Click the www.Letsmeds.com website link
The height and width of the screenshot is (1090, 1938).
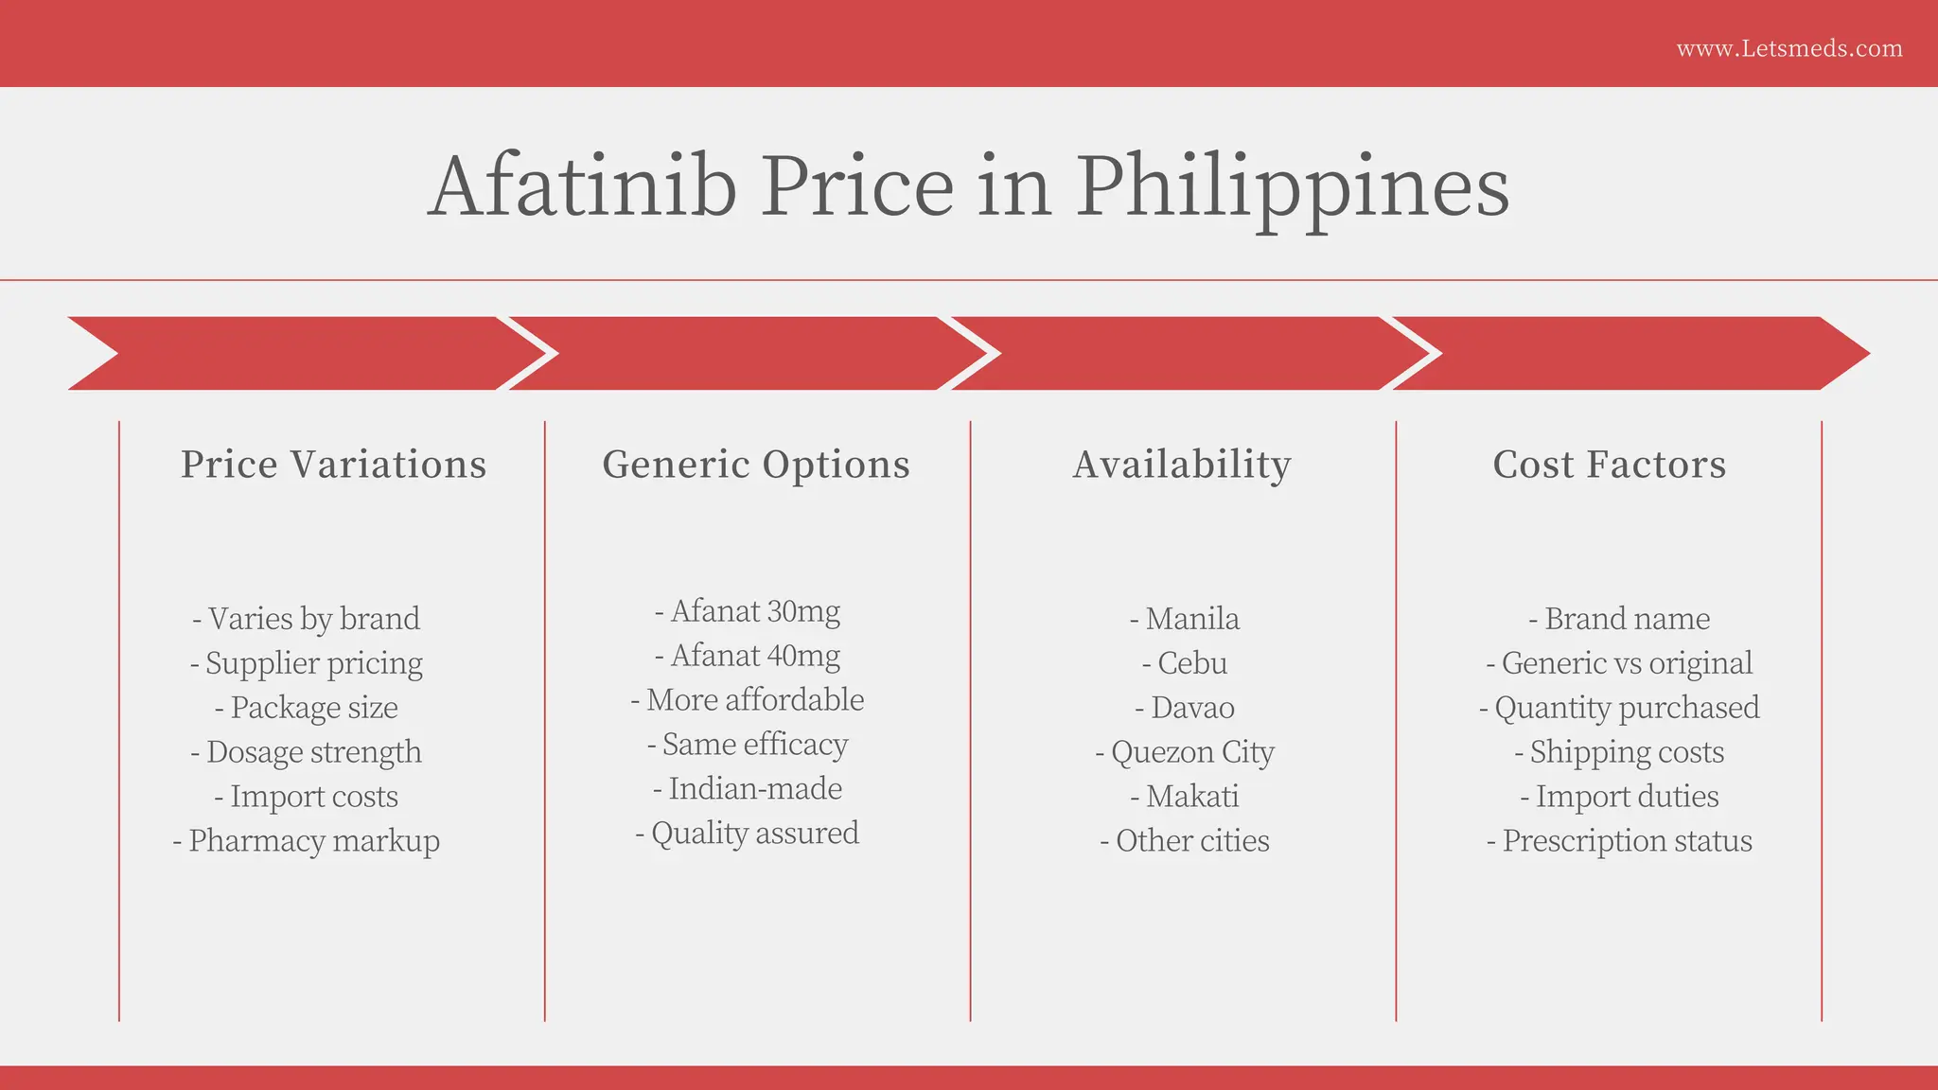1788,48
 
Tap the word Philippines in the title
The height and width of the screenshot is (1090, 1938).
1292,187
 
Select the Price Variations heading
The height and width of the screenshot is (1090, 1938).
333,465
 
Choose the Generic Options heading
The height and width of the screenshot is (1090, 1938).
756,465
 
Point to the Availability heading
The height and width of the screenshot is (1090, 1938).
1182,465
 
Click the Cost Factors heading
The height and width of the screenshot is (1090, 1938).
1609,465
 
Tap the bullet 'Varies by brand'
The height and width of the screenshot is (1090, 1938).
307,619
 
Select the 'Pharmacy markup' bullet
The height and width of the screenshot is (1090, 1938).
307,841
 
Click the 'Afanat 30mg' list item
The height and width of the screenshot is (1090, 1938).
748,611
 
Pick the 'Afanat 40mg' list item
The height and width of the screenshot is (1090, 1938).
748,656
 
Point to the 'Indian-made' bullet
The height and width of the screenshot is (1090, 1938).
748,789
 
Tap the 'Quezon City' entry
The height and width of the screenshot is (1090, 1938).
1185,752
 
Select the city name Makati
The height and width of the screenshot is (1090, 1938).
1185,797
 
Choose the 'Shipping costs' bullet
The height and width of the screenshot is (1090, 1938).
1619,752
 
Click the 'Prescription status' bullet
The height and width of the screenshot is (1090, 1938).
1619,841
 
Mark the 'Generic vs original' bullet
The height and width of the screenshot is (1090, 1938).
1619,663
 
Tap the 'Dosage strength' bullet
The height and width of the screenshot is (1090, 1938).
307,752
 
